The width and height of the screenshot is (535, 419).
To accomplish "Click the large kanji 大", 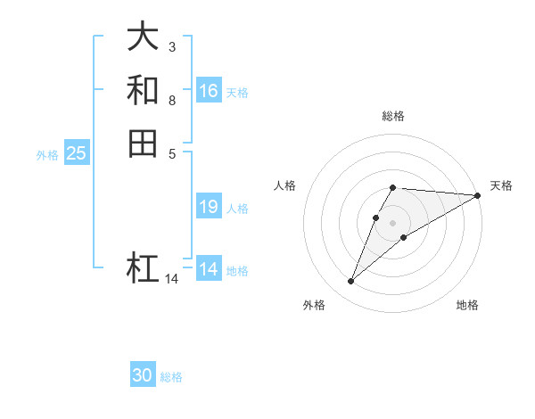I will (x=143, y=37).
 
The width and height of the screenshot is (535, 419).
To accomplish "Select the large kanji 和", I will (x=143, y=90).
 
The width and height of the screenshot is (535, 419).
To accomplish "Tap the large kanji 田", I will (x=143, y=143).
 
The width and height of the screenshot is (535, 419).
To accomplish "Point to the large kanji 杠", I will (x=143, y=268).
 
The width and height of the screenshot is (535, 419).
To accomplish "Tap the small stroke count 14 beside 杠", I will (x=171, y=279).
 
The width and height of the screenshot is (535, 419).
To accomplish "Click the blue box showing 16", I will (x=209, y=91).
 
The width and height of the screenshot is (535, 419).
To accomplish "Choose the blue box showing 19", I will (x=209, y=207).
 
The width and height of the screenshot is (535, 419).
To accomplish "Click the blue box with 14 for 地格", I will (x=209, y=269).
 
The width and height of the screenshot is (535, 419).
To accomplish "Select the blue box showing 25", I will (x=77, y=153).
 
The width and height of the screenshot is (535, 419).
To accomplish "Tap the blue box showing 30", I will (x=143, y=375).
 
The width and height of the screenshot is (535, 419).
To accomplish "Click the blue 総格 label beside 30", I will (x=171, y=377).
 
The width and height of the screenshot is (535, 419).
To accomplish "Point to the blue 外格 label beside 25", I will (x=47, y=155).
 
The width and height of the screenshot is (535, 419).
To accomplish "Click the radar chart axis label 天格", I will (x=501, y=185).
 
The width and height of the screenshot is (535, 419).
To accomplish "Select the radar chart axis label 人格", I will (x=285, y=185).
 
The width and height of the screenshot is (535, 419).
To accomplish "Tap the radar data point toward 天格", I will (x=478, y=195).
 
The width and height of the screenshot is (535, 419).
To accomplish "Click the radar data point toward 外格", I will (x=351, y=282).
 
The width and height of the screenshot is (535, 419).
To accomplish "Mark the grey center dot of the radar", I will (x=393, y=222).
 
